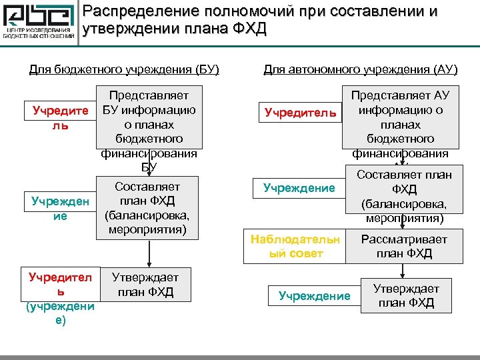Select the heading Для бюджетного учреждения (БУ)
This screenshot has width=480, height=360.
click(125, 69)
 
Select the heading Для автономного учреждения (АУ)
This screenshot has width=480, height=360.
click(361, 69)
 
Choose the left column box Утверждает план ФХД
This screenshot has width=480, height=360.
click(145, 284)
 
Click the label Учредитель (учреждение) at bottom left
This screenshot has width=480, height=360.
click(60, 297)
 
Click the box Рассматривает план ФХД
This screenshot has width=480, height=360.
click(404, 246)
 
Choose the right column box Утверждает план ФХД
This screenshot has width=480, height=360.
click(405, 295)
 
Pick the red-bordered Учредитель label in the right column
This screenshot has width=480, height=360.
click(300, 113)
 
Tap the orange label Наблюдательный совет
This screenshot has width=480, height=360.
click(295, 246)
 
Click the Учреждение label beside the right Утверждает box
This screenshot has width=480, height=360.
click(314, 296)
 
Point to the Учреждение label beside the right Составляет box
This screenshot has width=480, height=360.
click(299, 188)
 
